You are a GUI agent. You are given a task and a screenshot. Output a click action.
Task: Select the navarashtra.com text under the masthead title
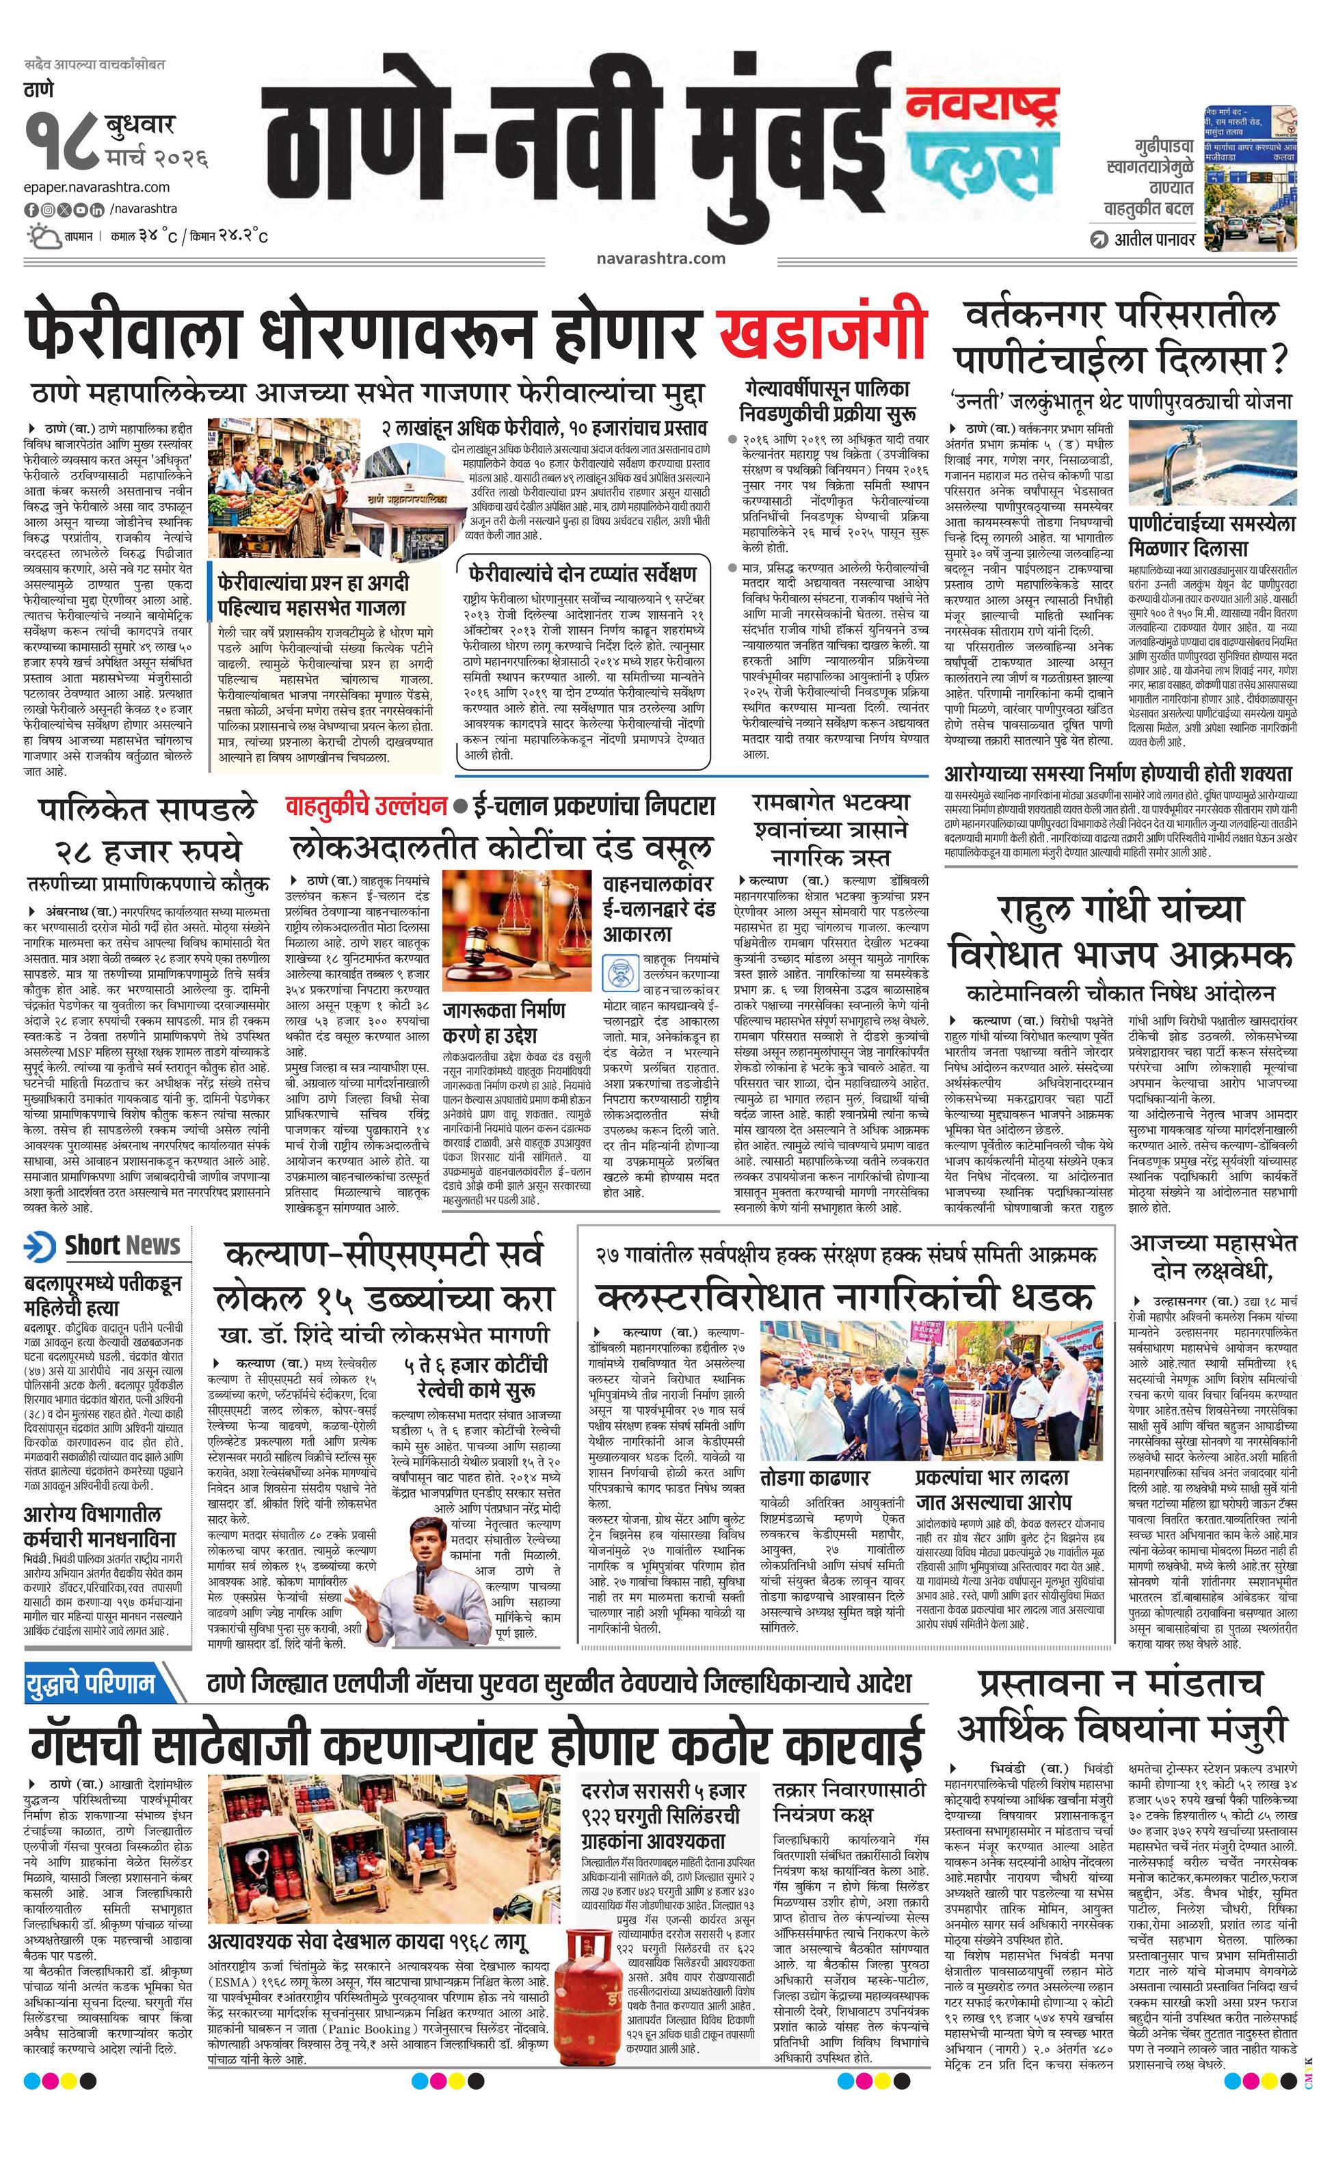[660, 258]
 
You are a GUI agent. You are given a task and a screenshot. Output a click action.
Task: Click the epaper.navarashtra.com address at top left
[97, 187]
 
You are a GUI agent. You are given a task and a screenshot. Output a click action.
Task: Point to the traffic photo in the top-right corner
[1250, 176]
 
